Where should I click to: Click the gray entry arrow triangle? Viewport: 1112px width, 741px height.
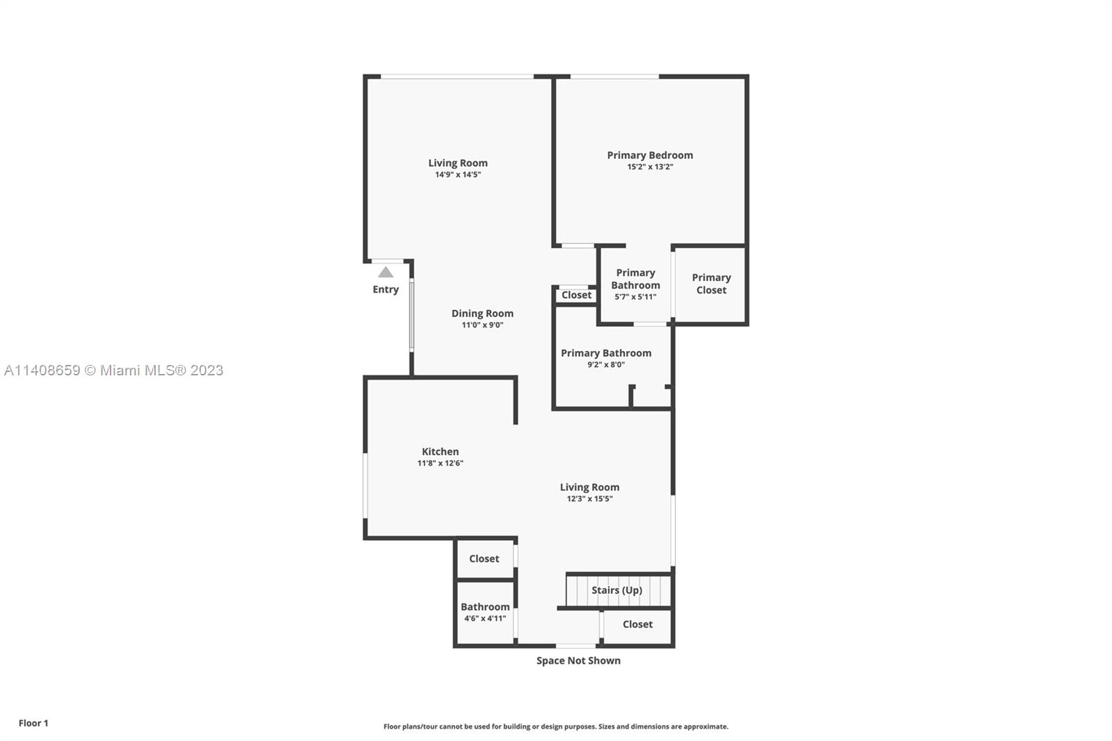(x=386, y=272)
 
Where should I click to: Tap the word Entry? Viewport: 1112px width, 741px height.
(x=386, y=290)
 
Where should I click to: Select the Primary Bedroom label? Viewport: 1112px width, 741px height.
(x=650, y=156)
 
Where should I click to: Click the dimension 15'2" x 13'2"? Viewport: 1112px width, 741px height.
(x=650, y=167)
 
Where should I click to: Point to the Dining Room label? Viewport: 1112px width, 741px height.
(x=482, y=313)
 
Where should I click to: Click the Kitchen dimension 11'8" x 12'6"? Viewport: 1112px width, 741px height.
(x=440, y=464)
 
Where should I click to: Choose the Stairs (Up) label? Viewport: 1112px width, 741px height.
(x=616, y=590)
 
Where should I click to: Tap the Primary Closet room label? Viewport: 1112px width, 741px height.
(x=712, y=284)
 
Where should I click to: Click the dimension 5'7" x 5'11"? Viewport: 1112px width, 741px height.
(x=635, y=297)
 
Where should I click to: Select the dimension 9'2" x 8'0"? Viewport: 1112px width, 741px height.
(x=605, y=364)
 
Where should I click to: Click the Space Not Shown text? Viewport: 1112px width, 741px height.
(x=578, y=660)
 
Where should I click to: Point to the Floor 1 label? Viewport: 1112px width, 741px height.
(x=33, y=723)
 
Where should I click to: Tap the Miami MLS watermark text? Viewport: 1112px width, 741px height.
(x=114, y=370)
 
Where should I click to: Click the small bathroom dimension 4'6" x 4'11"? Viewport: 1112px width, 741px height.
(x=485, y=619)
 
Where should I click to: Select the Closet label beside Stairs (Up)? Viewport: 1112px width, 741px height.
(x=637, y=624)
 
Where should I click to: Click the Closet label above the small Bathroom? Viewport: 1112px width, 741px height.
(x=484, y=559)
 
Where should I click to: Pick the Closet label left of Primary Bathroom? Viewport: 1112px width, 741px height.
(x=576, y=295)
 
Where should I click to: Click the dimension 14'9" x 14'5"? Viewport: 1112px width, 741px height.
(x=458, y=174)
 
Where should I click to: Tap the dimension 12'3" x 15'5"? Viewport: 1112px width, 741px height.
(x=590, y=499)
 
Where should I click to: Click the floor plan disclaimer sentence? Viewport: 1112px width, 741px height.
(x=555, y=726)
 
